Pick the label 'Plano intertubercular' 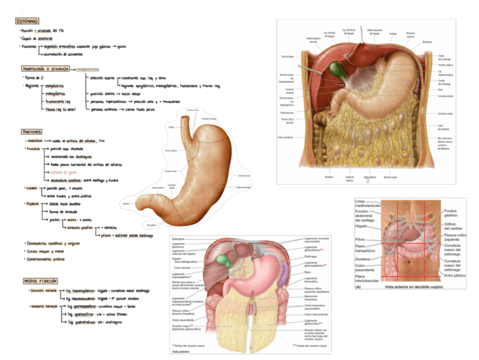click(x=368, y=279)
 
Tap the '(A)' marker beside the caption click(x=358, y=287)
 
